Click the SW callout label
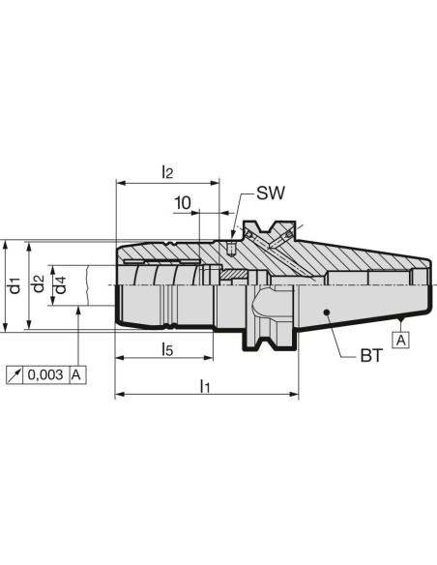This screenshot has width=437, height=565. click(271, 193)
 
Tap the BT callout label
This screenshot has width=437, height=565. click(371, 356)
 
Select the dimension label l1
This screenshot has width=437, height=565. click(204, 386)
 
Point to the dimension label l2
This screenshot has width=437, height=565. click(167, 172)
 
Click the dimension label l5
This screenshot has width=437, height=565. click(167, 349)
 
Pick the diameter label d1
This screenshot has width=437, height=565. click(15, 285)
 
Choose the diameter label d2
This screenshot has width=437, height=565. click(38, 283)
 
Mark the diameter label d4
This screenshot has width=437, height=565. click(60, 285)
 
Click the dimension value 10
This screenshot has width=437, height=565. click(183, 203)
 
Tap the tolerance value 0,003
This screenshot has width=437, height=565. click(45, 374)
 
